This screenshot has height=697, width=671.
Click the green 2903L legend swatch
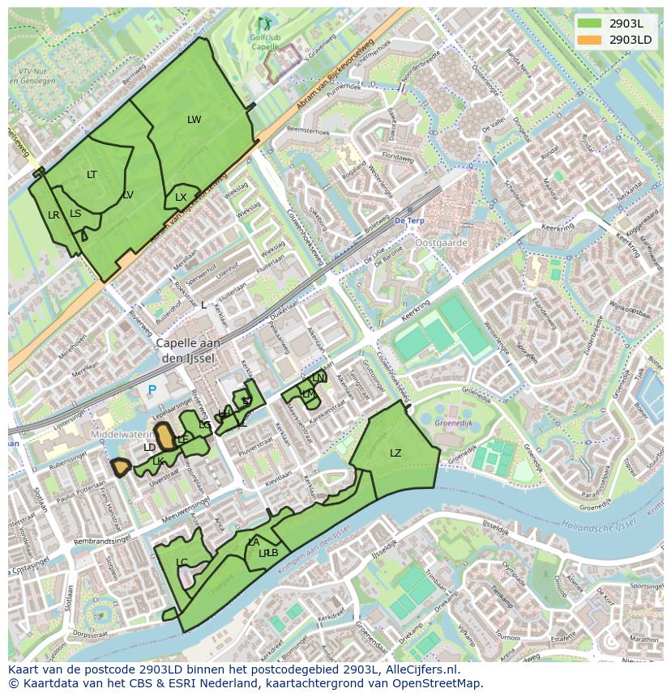pyautogui.click(x=590, y=23)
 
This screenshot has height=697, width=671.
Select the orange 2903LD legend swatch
pyautogui.click(x=590, y=39)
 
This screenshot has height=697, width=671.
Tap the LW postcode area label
pyautogui.click(x=194, y=120)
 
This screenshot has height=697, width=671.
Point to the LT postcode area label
pyautogui.click(x=92, y=175)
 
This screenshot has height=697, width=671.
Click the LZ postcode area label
pyautogui.click(x=395, y=453)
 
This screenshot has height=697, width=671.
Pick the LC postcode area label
pyautogui.click(x=182, y=563)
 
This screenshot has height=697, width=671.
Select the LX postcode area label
pyautogui.click(x=181, y=198)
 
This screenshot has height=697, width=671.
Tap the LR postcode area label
pyautogui.click(x=53, y=215)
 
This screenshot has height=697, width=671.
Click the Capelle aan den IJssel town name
pyautogui.click(x=188, y=350)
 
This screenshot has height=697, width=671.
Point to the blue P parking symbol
pyautogui.click(x=152, y=391)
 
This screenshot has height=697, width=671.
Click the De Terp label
pyautogui.click(x=409, y=220)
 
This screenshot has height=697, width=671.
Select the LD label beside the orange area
pyautogui.click(x=149, y=448)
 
